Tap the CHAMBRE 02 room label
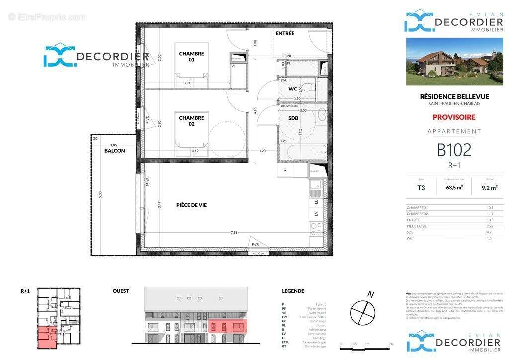tap(191, 121)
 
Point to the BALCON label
tap(115, 151)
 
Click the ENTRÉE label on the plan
tap(285, 34)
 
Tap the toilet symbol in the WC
tap(309, 89)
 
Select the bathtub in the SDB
tap(302, 151)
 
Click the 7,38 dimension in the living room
tap(234, 233)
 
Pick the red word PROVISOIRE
tap(454, 117)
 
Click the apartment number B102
tap(454, 150)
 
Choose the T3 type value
tap(421, 188)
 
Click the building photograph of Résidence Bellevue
tap(454, 61)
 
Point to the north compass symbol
tap(363, 312)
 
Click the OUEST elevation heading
tap(121, 291)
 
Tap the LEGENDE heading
tap(293, 291)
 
